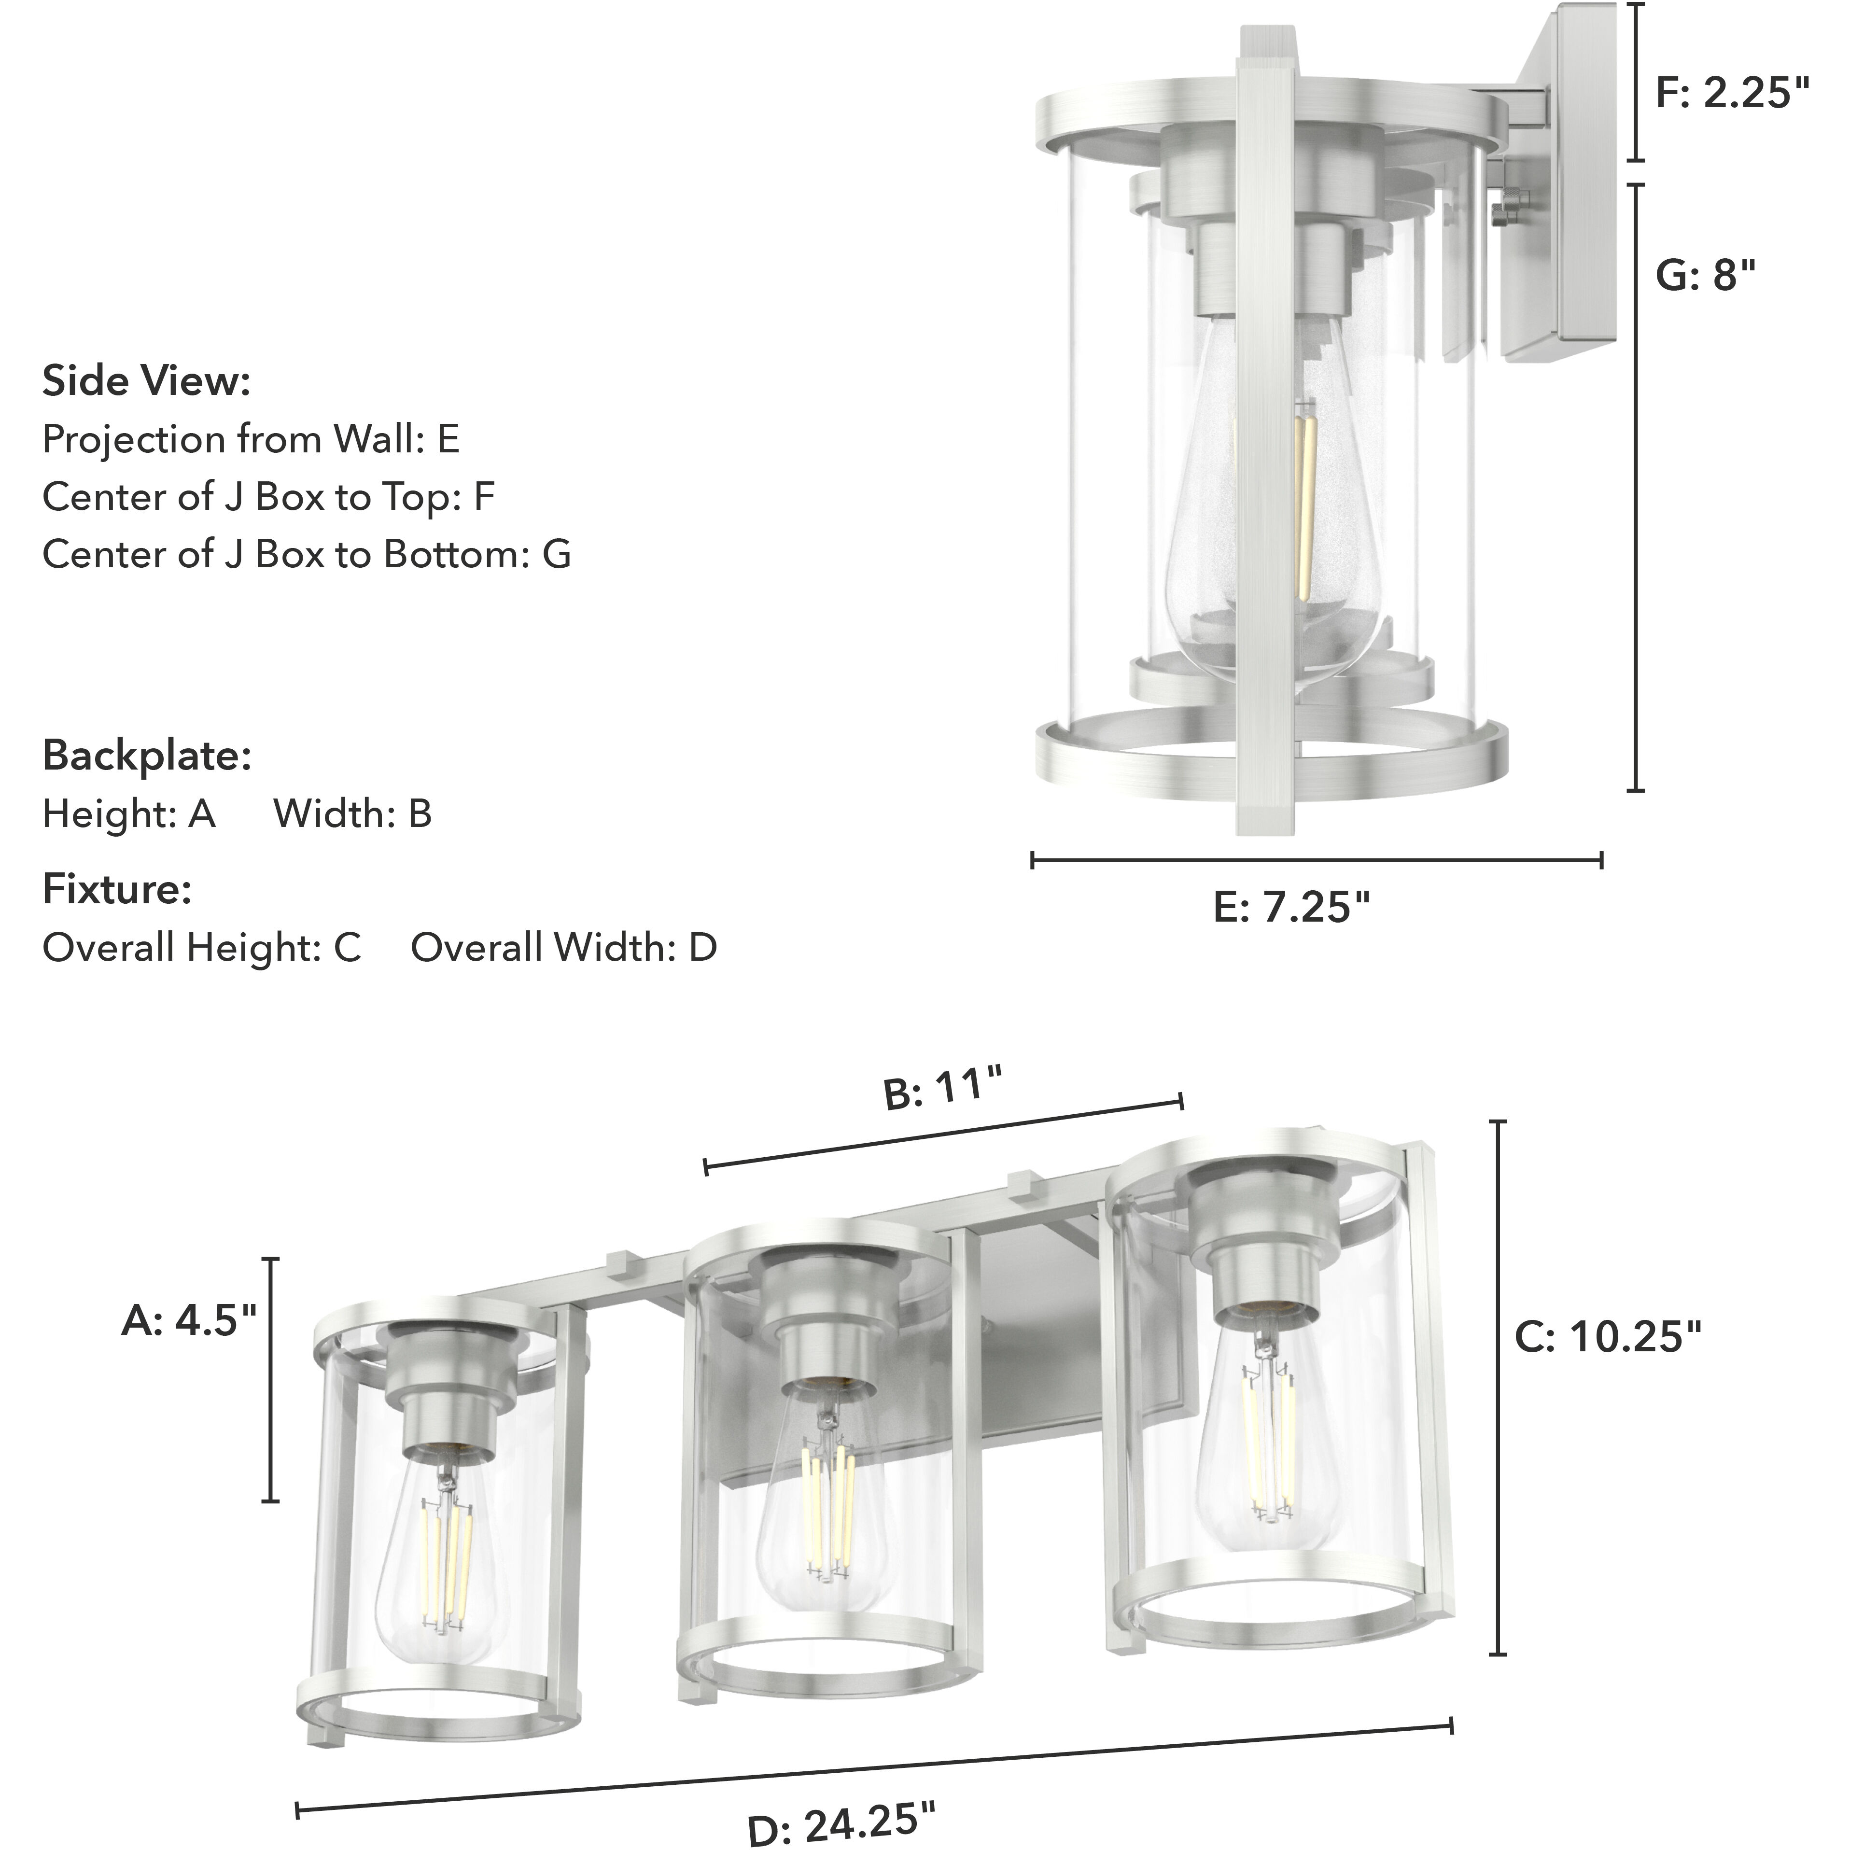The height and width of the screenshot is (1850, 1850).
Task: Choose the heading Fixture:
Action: [x=117, y=890]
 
